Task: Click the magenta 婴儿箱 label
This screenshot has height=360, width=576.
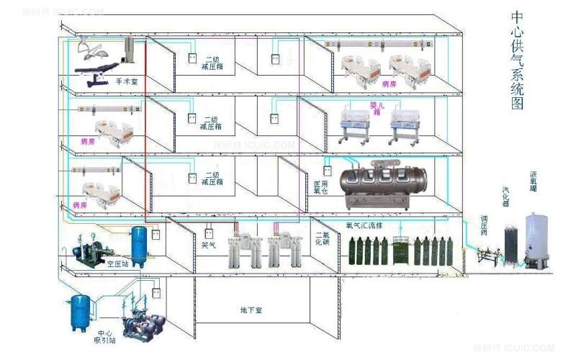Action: (375, 108)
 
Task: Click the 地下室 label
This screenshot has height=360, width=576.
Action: (250, 310)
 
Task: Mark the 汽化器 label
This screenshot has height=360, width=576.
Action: (505, 197)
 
